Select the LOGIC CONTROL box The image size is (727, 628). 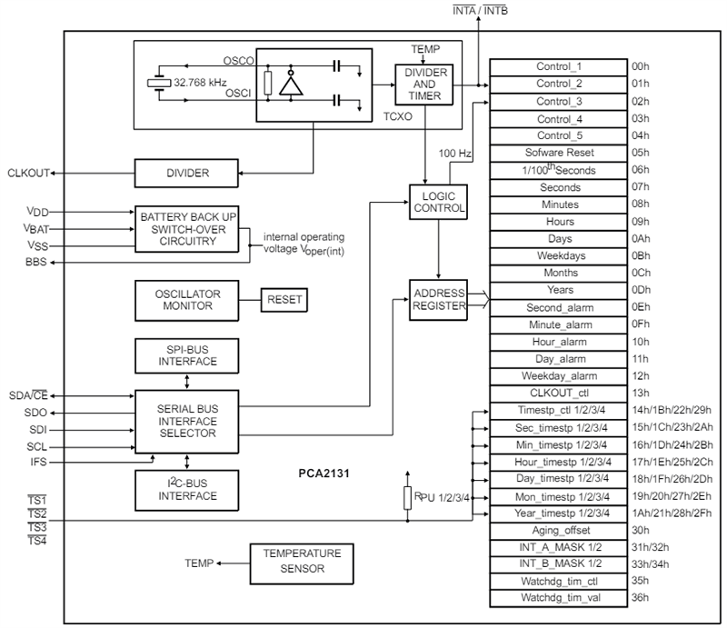tap(438, 200)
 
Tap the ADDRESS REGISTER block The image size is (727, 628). tap(438, 300)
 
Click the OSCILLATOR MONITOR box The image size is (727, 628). tap(188, 299)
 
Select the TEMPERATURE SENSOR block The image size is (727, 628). tap(302, 560)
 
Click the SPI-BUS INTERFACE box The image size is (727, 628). tap(188, 354)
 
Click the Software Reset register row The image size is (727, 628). tap(559, 153)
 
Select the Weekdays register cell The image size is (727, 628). tap(559, 255)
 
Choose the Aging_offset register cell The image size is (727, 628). tap(559, 530)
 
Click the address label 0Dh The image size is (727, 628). tap(642, 290)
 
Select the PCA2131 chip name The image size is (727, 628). tap(324, 473)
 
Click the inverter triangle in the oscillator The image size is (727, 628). tap(291, 85)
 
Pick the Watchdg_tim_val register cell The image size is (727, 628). tap(559, 598)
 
